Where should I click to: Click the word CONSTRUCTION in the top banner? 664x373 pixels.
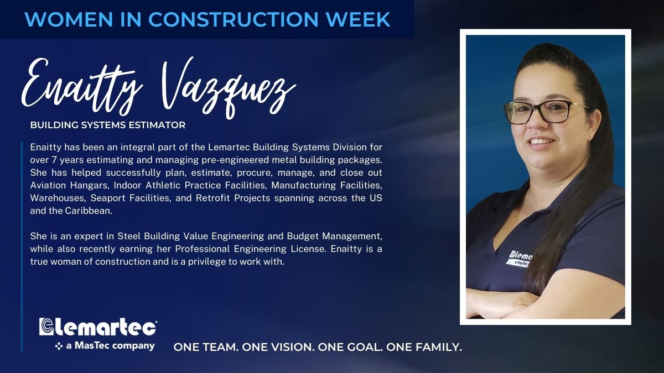pos(234,19)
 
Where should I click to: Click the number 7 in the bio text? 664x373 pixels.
pos(54,160)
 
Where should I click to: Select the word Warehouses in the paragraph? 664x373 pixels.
pos(58,198)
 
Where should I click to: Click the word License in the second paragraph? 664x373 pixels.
pos(308,249)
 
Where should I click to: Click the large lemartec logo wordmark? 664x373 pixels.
pos(98,327)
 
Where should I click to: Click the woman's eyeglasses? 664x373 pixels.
pos(546,111)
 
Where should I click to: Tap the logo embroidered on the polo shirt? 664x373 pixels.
pos(520,259)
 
